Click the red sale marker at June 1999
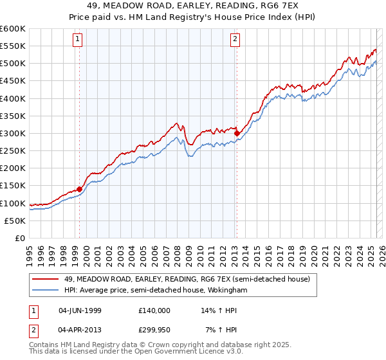point(80,189)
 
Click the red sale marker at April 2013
point(237,134)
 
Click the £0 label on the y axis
point(20,238)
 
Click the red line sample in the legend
point(46,279)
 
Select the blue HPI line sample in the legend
point(46,290)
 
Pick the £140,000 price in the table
point(154,310)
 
